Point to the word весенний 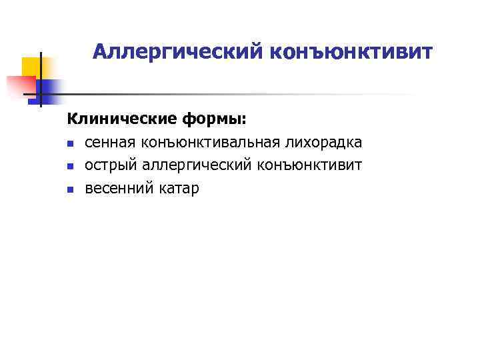(117, 189)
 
